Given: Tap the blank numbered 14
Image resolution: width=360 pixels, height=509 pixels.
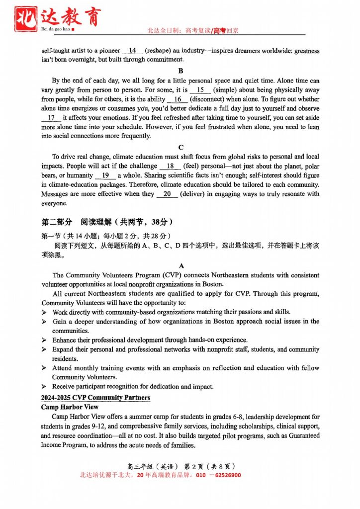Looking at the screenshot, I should [132, 51].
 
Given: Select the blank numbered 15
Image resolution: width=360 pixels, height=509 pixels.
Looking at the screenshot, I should [200, 90].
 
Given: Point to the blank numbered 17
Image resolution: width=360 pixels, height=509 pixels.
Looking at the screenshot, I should [51, 118].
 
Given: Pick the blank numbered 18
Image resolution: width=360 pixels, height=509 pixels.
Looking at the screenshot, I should [170, 166].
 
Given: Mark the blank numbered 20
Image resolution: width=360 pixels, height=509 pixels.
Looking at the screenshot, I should [167, 194].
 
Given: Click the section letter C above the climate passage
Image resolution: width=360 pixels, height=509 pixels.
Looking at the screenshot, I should [180, 147].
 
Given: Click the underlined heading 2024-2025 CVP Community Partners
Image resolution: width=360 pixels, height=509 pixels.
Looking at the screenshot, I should [95, 398].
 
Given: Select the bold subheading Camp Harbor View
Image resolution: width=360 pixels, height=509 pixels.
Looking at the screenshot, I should [70, 407].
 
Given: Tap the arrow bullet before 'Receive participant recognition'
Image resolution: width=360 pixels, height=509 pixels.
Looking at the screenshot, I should [44, 387].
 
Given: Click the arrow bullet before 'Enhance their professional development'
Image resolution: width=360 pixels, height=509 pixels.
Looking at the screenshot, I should [44, 340].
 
